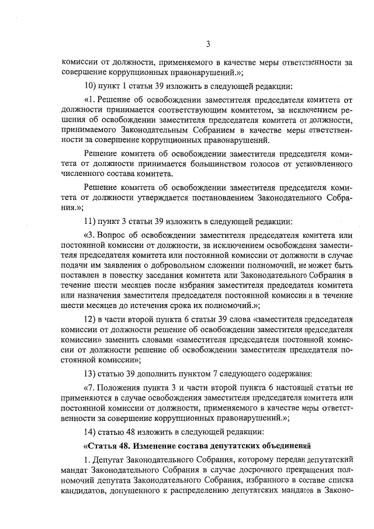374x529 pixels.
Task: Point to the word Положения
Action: (126, 388)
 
